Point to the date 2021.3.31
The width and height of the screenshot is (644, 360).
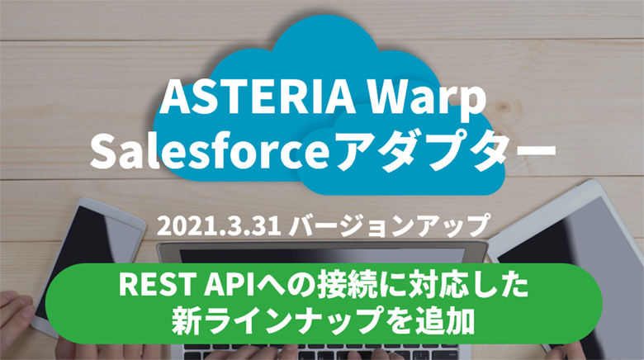coord(219,226)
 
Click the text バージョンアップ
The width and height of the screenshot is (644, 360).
coord(388,225)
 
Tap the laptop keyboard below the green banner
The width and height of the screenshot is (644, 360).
coord(324,353)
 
